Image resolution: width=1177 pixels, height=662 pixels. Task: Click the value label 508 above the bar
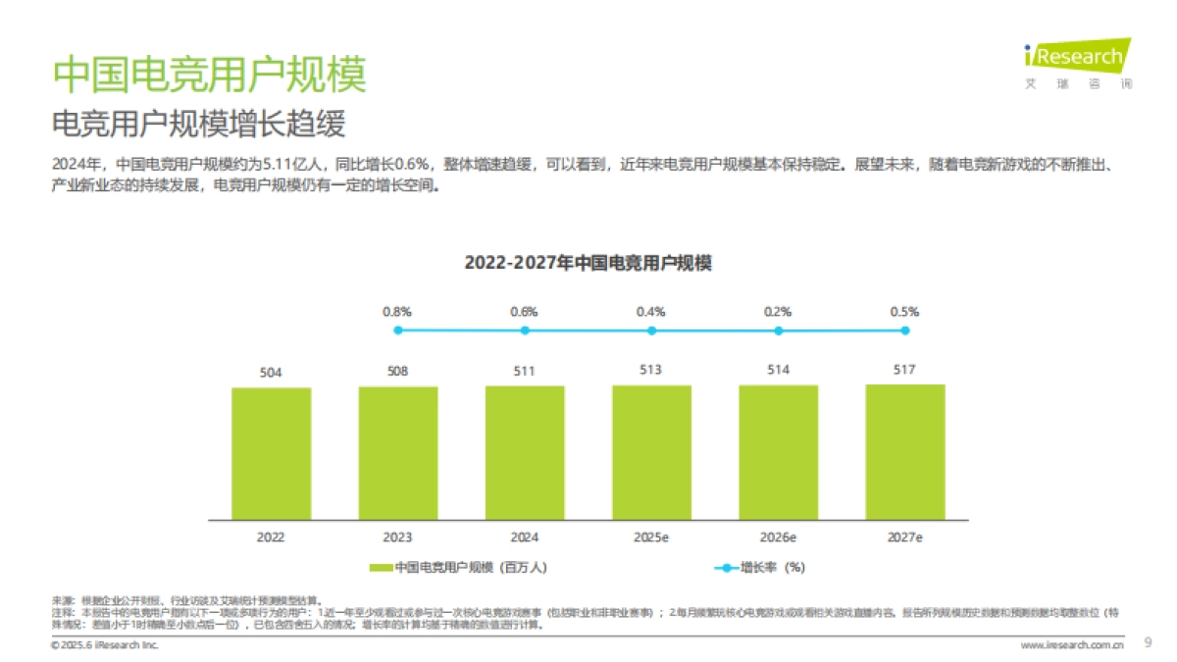coord(397,372)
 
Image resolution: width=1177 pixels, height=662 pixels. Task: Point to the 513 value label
coord(651,370)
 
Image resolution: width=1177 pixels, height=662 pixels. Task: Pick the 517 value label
coord(904,369)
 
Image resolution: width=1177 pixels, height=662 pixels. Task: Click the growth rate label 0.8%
coord(397,312)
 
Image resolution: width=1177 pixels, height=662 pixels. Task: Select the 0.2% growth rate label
coord(778,312)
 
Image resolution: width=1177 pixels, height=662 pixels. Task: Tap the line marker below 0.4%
coord(651,331)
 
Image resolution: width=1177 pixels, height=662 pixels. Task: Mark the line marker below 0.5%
coord(904,331)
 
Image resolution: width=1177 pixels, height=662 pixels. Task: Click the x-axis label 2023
coord(397,537)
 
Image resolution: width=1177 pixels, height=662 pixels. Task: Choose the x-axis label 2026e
coord(778,537)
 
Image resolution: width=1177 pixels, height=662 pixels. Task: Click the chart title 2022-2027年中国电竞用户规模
coord(588,263)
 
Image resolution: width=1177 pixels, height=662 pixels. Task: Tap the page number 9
coord(1149,643)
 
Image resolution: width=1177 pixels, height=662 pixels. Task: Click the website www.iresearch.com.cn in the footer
coord(1072,645)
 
